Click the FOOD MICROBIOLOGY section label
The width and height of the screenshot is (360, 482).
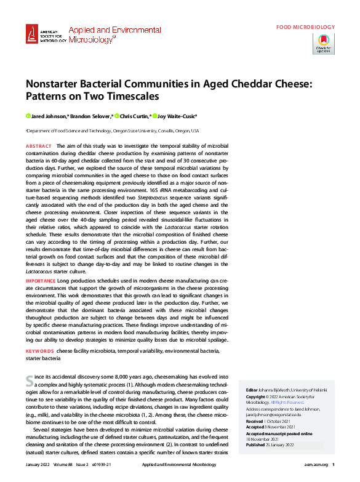pyautogui.click(x=305, y=27)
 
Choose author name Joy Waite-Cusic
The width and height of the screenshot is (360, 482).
pyautogui.click(x=178, y=116)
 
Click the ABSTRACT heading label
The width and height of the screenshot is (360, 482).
pyautogui.click(x=38, y=145)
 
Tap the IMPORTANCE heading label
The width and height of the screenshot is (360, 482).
pyautogui.click(x=41, y=281)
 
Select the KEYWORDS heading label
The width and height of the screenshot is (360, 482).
pyautogui.click(x=39, y=350)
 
